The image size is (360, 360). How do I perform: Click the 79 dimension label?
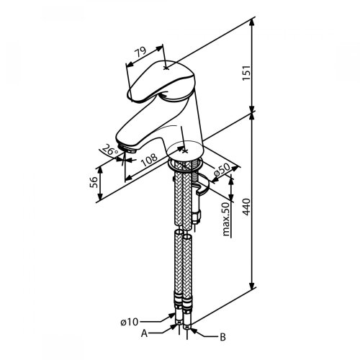(140, 53)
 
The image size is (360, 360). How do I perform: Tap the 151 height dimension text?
(246, 73)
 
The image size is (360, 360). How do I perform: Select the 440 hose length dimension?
(246, 207)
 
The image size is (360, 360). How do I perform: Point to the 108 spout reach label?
(149, 160)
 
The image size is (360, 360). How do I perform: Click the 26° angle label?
(109, 150)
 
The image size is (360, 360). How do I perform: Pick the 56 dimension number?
(94, 182)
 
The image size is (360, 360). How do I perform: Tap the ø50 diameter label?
(222, 171)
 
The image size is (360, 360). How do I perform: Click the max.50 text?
(226, 219)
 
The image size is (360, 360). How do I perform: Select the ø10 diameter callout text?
(130, 322)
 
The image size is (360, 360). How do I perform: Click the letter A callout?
(144, 333)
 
